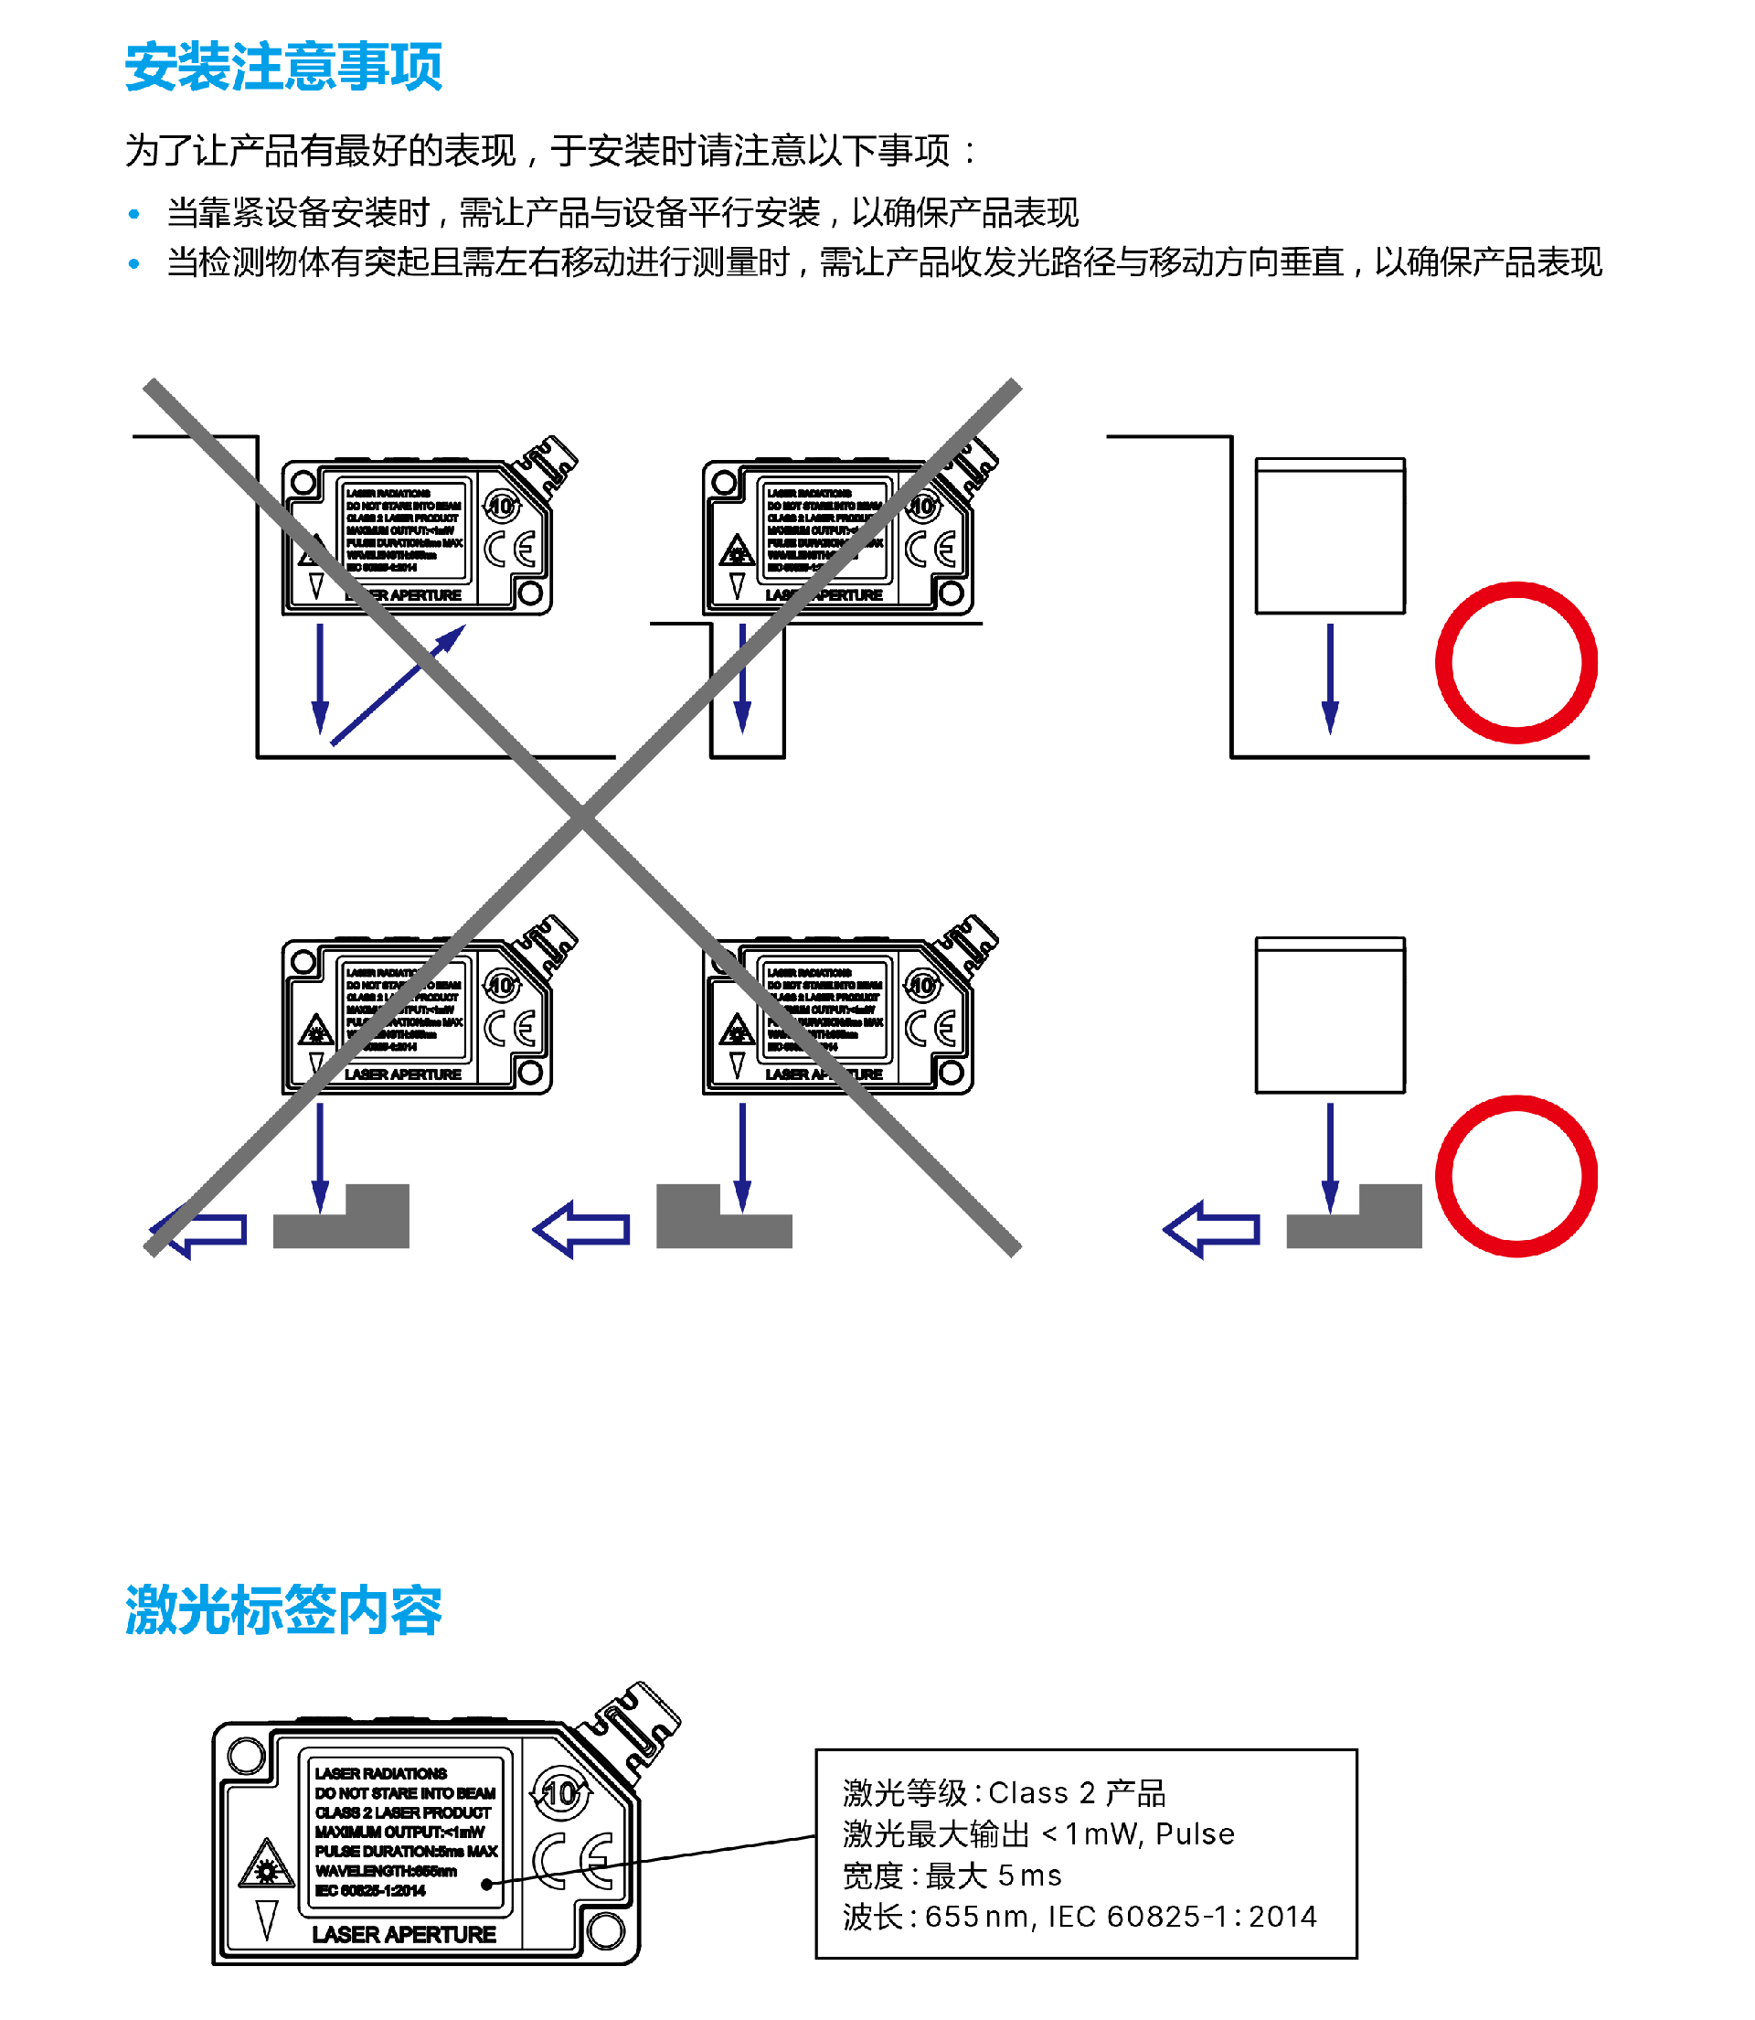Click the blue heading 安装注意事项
click(283, 67)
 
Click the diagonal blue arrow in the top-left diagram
click(397, 685)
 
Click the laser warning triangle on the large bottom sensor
click(265, 1865)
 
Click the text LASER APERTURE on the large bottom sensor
click(403, 1935)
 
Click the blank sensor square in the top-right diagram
click(1329, 536)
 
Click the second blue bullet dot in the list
click(134, 262)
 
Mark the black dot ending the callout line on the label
click(486, 1884)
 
